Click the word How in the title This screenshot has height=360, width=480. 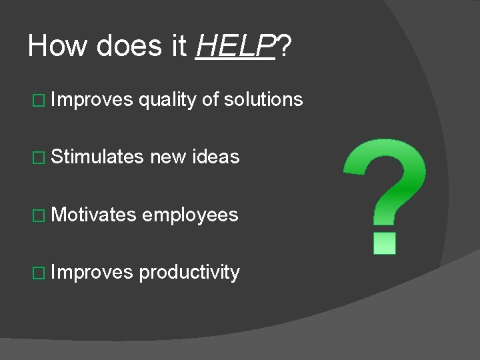[58, 46]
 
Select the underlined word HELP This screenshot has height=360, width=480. [235, 46]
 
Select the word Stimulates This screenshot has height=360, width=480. [97, 157]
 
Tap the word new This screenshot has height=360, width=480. [167, 157]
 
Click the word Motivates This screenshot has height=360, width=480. [94, 215]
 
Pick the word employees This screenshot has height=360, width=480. [190, 215]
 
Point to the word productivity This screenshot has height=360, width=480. [189, 272]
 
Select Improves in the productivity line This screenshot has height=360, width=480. [93, 272]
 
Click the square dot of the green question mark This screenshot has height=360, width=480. [385, 243]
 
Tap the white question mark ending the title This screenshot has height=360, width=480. [285, 46]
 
